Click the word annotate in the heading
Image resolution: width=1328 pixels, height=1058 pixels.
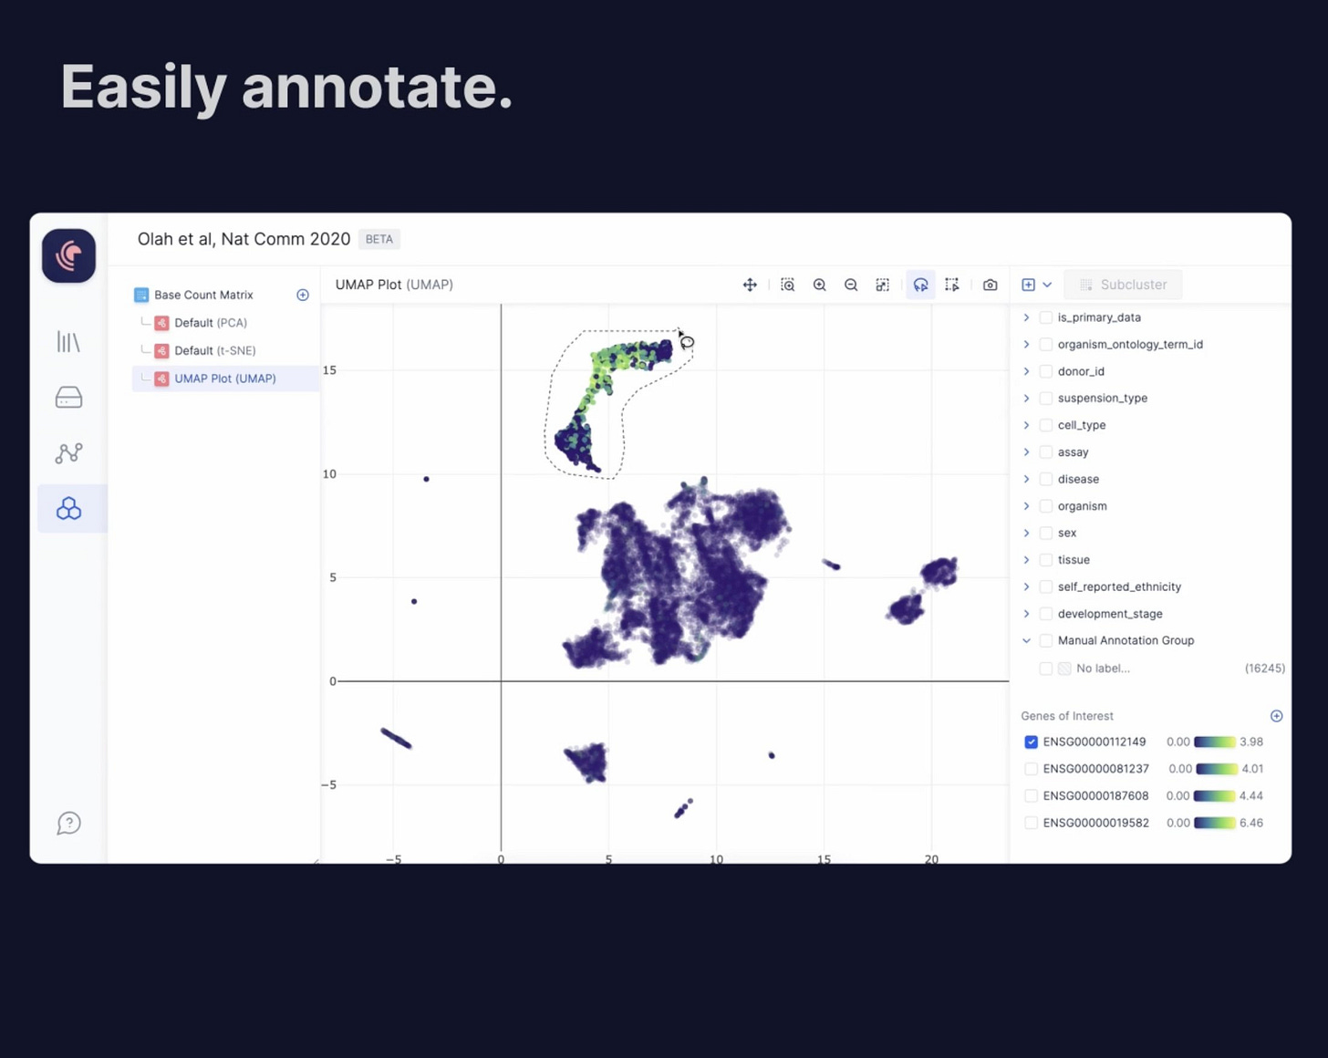pyautogui.click(x=377, y=88)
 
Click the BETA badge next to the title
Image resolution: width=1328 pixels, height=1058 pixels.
pyautogui.click(x=379, y=239)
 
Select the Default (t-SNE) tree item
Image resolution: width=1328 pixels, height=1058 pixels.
pyautogui.click(x=214, y=350)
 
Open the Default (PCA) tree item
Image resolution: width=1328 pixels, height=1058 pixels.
pyautogui.click(x=210, y=323)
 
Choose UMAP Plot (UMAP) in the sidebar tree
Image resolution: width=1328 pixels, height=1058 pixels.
pyautogui.click(x=224, y=379)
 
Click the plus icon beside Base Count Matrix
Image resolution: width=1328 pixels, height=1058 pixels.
pyautogui.click(x=303, y=295)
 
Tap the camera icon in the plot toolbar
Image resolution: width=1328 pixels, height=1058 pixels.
pyautogui.click(x=990, y=285)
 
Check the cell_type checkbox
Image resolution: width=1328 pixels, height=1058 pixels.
pyautogui.click(x=1046, y=425)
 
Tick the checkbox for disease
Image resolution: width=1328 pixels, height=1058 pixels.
pyautogui.click(x=1046, y=479)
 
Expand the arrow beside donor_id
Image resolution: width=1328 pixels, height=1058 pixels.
pyautogui.click(x=1026, y=371)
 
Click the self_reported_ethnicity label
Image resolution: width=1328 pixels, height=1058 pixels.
pyautogui.click(x=1119, y=586)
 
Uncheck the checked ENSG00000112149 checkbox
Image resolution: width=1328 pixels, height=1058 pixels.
pyautogui.click(x=1031, y=742)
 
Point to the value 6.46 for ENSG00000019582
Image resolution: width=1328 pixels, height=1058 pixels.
pyautogui.click(x=1251, y=823)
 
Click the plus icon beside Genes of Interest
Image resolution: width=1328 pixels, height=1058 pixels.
pyautogui.click(x=1276, y=716)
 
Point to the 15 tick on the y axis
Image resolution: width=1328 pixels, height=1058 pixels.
pyautogui.click(x=329, y=370)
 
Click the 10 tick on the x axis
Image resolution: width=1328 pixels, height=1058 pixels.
pyautogui.click(x=716, y=858)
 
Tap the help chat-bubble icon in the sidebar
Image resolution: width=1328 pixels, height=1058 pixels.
pyautogui.click(x=68, y=824)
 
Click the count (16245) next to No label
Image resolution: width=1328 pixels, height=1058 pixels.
pyautogui.click(x=1264, y=669)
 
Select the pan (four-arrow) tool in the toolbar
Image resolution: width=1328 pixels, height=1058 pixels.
pyautogui.click(x=750, y=285)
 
